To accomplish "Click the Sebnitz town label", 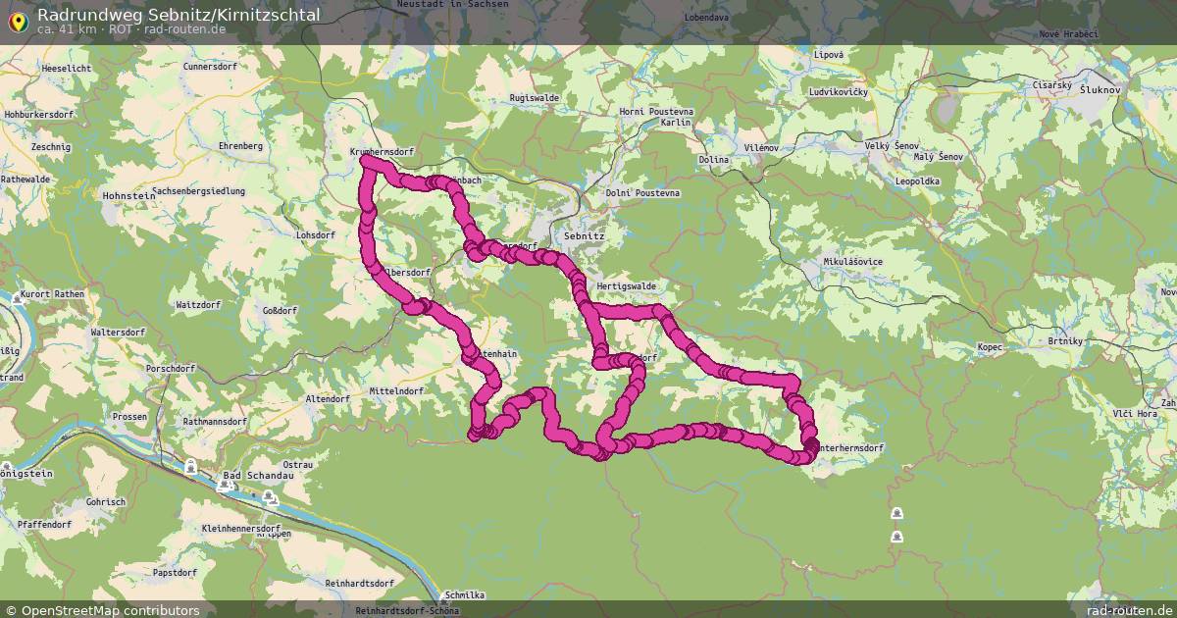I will pyautogui.click(x=585, y=236).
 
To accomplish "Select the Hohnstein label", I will pyautogui.click(x=128, y=195).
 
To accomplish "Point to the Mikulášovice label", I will pyautogui.click(x=852, y=262).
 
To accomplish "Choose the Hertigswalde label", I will pyautogui.click(x=626, y=286).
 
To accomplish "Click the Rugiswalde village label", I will pyautogui.click(x=535, y=98).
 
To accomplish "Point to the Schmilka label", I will pyautogui.click(x=465, y=595).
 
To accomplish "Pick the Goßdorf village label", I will pyautogui.click(x=280, y=310).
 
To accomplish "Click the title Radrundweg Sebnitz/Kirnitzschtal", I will pyautogui.click(x=178, y=14).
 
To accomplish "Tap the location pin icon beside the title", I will pyautogui.click(x=17, y=21).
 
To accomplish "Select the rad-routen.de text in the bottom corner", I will pyautogui.click(x=1128, y=610).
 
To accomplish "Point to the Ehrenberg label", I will pyautogui.click(x=240, y=146).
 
